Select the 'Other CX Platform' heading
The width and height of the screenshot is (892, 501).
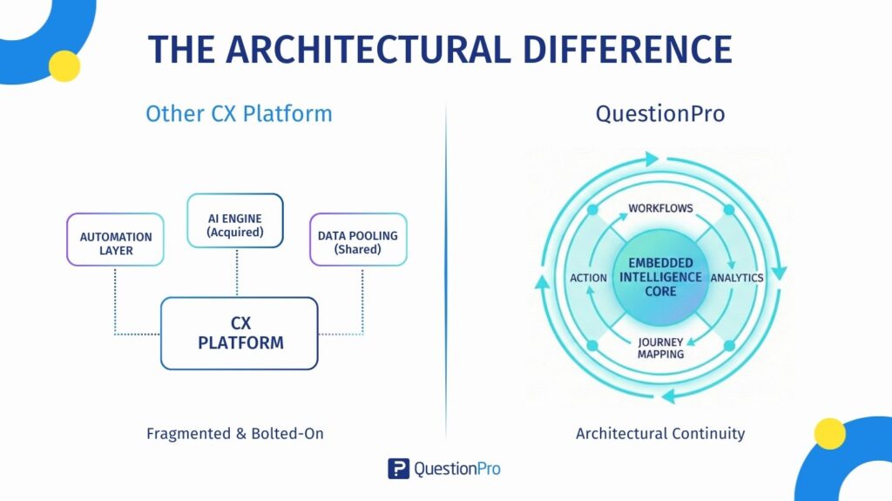[x=239, y=113]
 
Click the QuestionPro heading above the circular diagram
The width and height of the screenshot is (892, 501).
[x=659, y=113]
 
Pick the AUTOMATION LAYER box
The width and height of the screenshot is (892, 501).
[x=115, y=240]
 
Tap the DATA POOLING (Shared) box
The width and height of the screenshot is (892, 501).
[x=358, y=240]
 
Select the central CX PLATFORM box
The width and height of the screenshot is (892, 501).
[x=240, y=333]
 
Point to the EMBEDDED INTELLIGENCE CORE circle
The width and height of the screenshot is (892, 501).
[x=660, y=276]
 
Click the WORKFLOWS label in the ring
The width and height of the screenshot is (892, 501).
[x=660, y=208]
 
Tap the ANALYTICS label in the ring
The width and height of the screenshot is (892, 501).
[x=737, y=277]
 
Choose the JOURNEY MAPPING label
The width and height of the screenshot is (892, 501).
[x=660, y=348]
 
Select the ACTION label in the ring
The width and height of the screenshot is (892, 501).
[x=588, y=277]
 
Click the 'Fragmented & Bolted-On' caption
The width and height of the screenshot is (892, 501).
[x=235, y=433]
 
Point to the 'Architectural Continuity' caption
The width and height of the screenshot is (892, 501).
[x=660, y=433]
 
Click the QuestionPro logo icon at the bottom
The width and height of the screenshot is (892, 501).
[x=398, y=469]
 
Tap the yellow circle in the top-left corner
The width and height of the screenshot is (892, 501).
[x=64, y=66]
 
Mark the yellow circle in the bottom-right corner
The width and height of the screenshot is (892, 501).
[x=829, y=433]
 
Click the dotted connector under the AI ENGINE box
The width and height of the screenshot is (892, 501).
[x=235, y=272]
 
